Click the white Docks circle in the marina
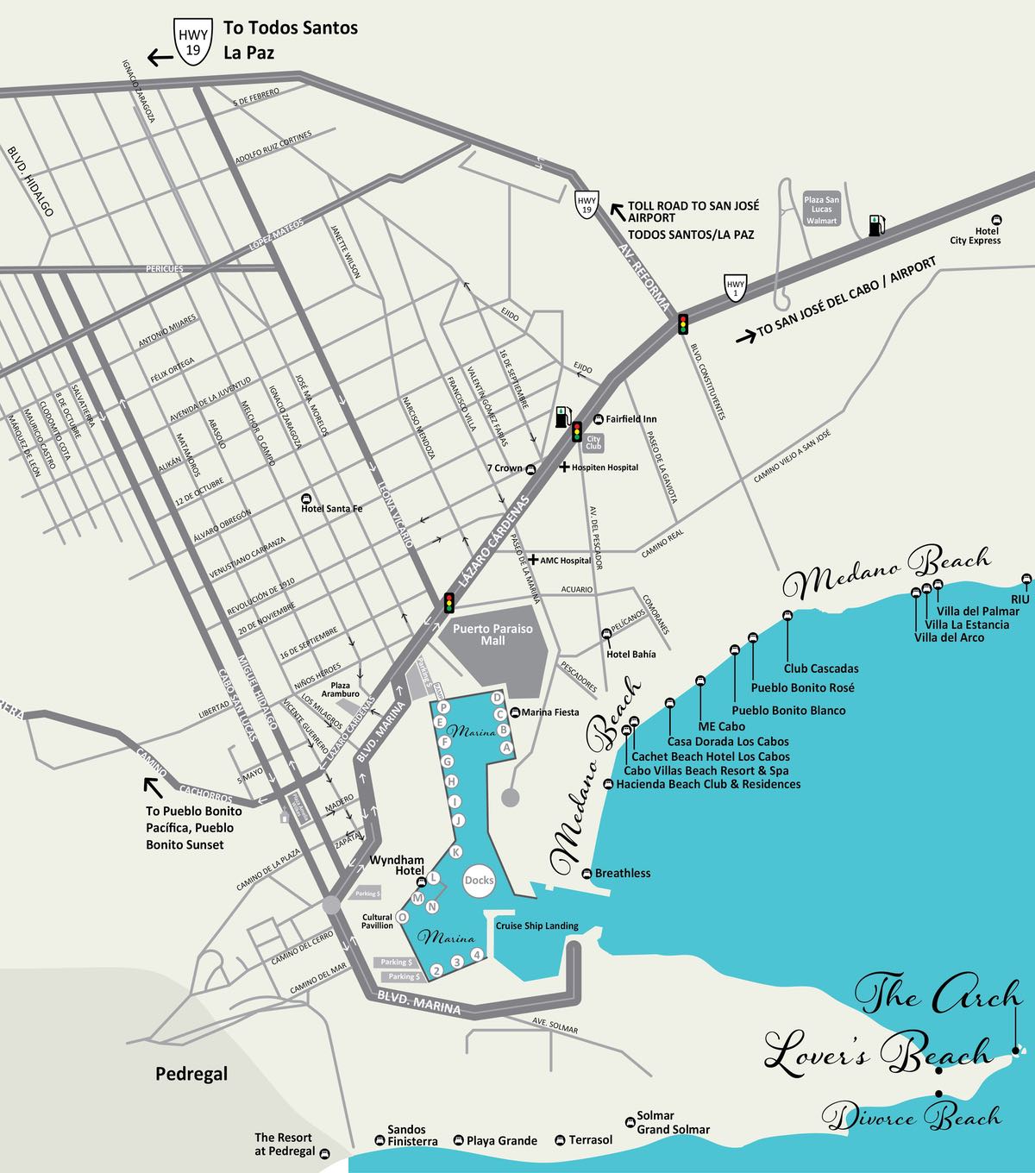(x=479, y=880)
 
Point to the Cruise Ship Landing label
(x=536, y=926)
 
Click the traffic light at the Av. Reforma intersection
(x=683, y=323)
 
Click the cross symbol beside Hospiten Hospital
(x=565, y=467)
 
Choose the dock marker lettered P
(x=442, y=707)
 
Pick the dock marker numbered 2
(x=437, y=971)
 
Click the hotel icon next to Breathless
(x=587, y=873)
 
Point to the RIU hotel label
(x=1019, y=598)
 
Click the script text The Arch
(x=940, y=994)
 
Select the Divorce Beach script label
(x=912, y=1116)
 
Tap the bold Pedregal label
(x=191, y=1074)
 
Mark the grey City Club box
(x=593, y=442)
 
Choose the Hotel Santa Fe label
(x=331, y=509)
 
